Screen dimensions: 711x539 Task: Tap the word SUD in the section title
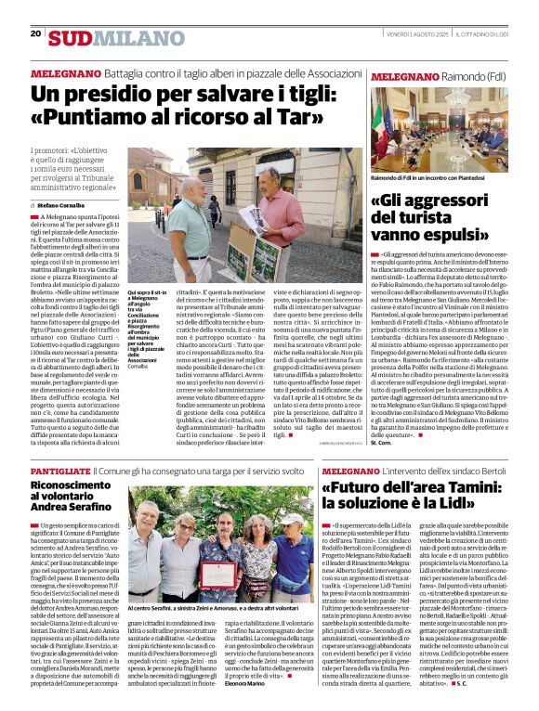coord(71,37)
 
